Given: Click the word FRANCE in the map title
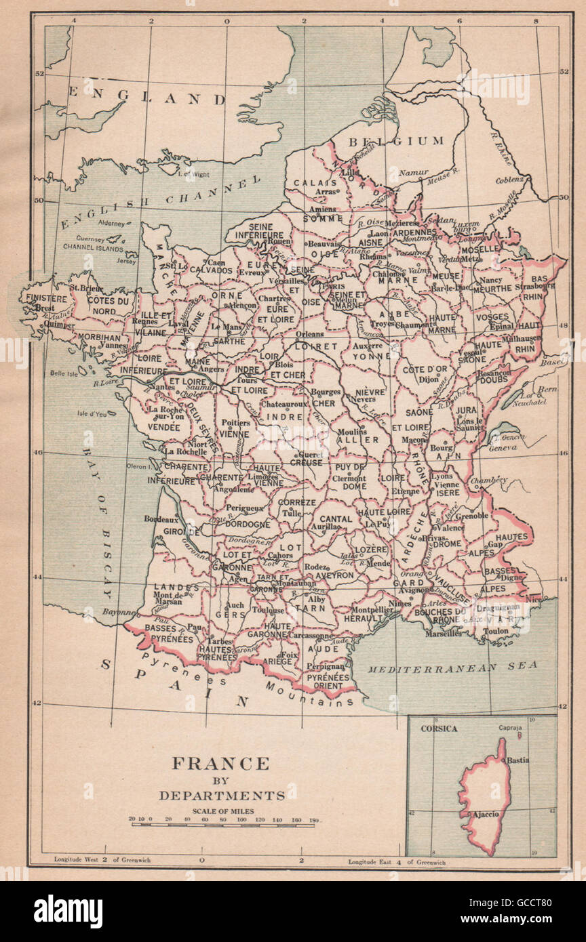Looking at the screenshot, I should pyautogui.click(x=220, y=763).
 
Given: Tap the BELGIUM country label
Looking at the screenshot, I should pyautogui.click(x=396, y=141).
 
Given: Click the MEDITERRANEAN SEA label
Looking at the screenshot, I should pyautogui.click(x=452, y=667).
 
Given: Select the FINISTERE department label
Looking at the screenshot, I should pyautogui.click(x=47, y=298).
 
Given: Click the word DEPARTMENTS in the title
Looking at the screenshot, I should pyautogui.click(x=220, y=795).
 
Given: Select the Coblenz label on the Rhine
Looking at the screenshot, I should pyautogui.click(x=509, y=180).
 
